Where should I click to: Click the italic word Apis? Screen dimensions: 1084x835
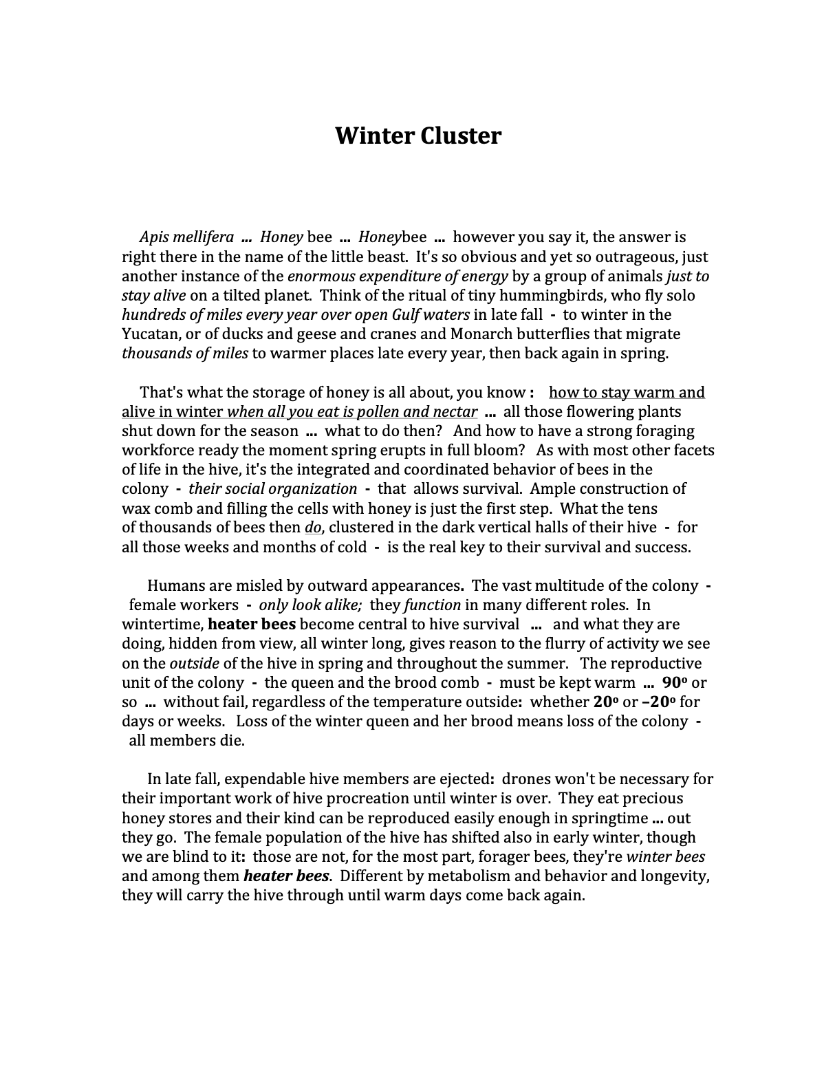coord(154,237)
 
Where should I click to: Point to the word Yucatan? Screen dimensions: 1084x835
coord(151,334)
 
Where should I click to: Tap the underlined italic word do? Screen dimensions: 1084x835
coord(312,528)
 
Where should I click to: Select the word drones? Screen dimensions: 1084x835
coord(525,779)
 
